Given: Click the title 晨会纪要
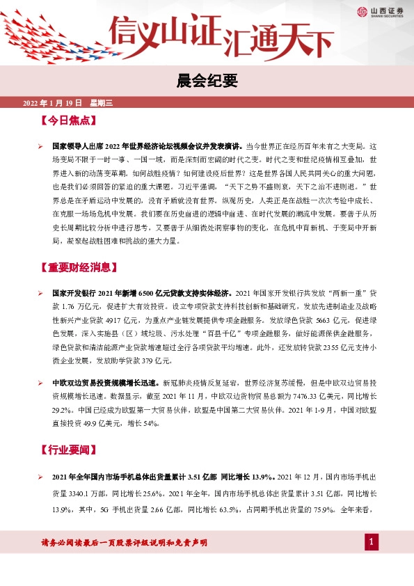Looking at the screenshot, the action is (207, 81).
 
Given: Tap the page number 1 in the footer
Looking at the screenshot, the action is (372, 542).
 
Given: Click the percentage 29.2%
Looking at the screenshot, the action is (63, 409).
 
